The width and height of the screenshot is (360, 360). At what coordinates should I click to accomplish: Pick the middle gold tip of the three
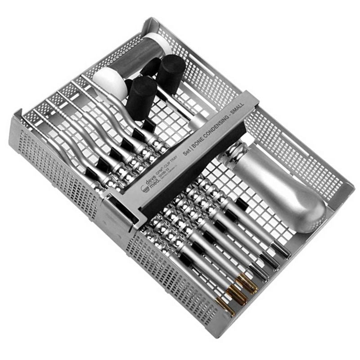(237, 295)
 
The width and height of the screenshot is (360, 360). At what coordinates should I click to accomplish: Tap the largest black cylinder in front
(140, 97)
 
